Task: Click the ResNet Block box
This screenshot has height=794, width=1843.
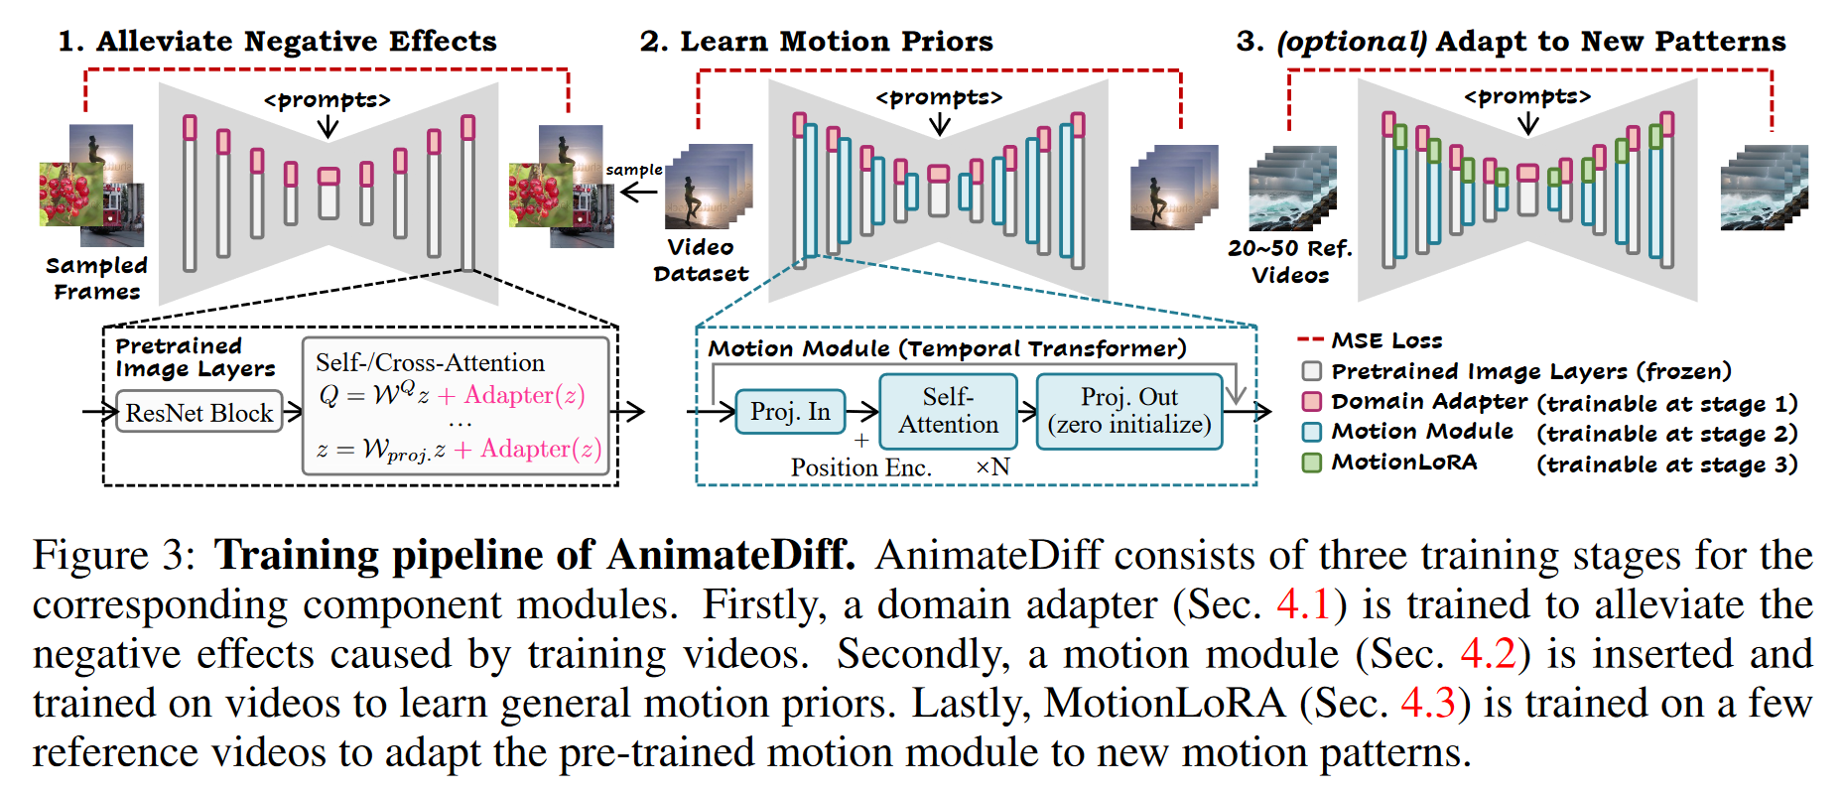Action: click(198, 412)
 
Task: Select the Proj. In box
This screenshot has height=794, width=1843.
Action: click(790, 412)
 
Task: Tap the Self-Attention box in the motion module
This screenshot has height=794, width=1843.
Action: click(948, 411)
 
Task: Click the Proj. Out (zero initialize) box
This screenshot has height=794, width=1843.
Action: click(1129, 411)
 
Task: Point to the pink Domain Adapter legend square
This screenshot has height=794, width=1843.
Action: click(1312, 401)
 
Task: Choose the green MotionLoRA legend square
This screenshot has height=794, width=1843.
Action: click(1312, 463)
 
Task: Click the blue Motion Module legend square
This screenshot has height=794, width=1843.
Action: click(1312, 432)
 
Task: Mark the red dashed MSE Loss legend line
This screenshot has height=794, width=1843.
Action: click(1310, 340)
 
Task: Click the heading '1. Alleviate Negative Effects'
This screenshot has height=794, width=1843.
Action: click(277, 41)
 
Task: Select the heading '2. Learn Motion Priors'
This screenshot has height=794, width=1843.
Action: click(816, 41)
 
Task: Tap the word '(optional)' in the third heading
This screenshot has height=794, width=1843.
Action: click(1352, 41)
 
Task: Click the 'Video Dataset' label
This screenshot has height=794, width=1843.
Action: click(701, 260)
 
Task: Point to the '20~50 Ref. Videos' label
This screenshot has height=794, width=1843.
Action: click(1289, 261)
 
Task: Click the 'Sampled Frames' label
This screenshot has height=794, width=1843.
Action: click(96, 278)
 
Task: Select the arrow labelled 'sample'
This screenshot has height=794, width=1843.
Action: click(638, 192)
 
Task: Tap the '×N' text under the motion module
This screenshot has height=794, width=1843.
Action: click(992, 467)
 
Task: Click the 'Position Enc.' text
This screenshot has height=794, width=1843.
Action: click(860, 467)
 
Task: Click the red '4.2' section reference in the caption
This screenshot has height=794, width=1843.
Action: click(1488, 654)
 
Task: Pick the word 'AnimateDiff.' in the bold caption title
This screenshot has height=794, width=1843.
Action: click(730, 555)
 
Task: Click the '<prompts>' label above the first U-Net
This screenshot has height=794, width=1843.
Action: click(327, 100)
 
